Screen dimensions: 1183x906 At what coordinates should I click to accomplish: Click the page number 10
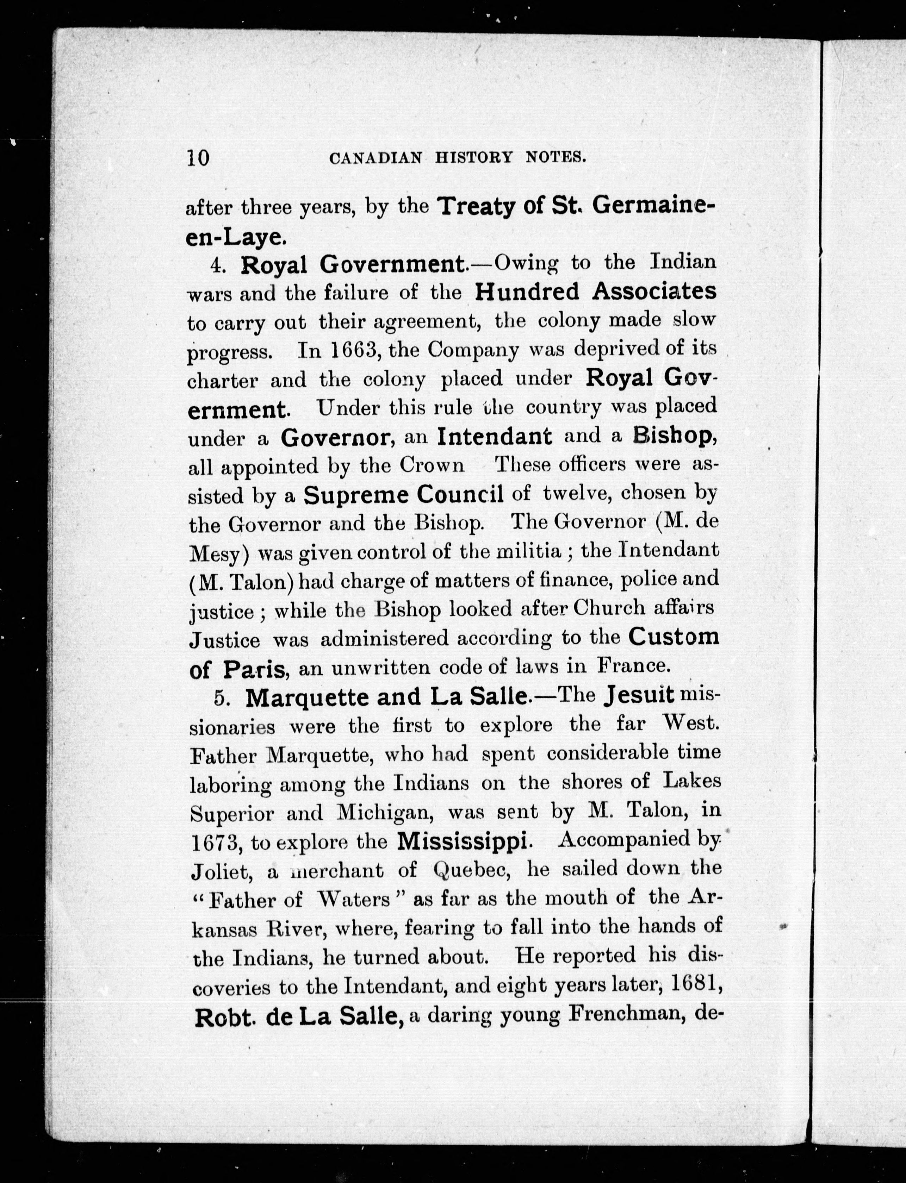198,158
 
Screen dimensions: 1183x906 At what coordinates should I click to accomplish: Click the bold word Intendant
495,436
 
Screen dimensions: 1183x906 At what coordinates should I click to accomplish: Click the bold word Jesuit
640,696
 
